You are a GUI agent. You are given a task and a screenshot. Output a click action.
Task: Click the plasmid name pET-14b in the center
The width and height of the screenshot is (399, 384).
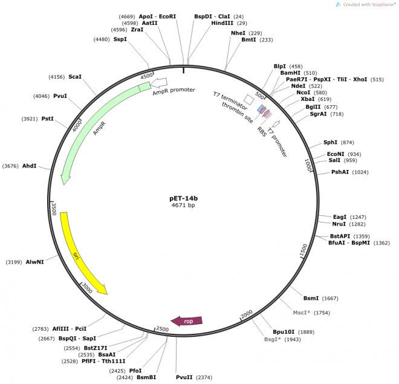(183, 198)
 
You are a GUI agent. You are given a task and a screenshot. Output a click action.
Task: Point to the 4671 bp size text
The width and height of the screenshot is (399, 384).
(183, 206)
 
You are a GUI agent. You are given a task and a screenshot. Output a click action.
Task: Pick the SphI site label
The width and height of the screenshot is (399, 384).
(330, 142)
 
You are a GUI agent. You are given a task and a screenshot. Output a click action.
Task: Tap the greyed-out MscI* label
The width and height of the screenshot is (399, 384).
(302, 313)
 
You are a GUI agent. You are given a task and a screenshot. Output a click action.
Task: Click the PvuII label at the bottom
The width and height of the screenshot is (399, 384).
(186, 377)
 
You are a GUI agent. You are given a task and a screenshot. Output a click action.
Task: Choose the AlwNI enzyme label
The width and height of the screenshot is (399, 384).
(34, 262)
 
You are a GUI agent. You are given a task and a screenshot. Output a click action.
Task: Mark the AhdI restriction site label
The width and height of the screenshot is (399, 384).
(30, 166)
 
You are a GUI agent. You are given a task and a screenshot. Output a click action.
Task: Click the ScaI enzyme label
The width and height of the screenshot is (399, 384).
(75, 77)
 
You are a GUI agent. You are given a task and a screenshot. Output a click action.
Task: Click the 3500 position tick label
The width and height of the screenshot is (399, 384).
(54, 209)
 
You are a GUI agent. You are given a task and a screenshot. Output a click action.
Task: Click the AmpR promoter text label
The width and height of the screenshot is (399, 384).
(174, 89)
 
